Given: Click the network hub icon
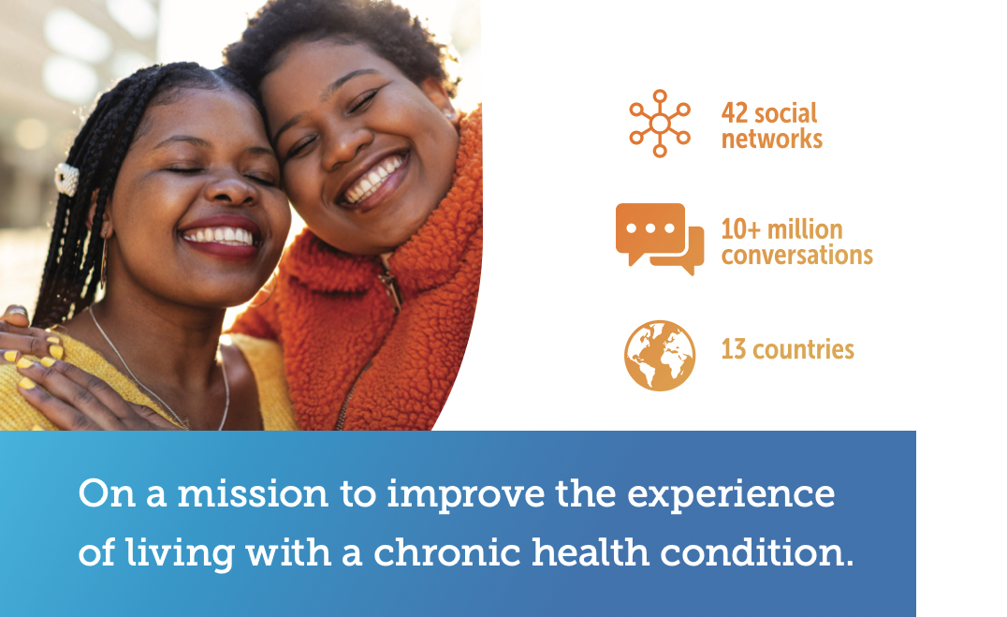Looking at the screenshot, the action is [x=660, y=124].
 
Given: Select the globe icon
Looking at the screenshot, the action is [x=660, y=356].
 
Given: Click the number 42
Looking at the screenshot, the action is [x=735, y=113].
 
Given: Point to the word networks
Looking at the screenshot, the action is [x=772, y=139].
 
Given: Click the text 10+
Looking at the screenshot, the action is [x=740, y=229].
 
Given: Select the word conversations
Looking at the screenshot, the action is [x=797, y=256].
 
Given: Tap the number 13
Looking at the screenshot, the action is [x=734, y=349].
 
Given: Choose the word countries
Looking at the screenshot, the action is [x=803, y=349].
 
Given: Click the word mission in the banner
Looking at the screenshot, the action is [x=253, y=493].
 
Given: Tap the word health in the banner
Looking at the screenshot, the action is [x=591, y=552].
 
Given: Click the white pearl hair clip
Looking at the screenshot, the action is [x=66, y=180].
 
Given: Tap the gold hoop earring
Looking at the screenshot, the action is [x=103, y=260].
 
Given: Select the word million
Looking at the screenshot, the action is [x=805, y=229].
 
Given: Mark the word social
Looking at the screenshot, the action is [x=785, y=113].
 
